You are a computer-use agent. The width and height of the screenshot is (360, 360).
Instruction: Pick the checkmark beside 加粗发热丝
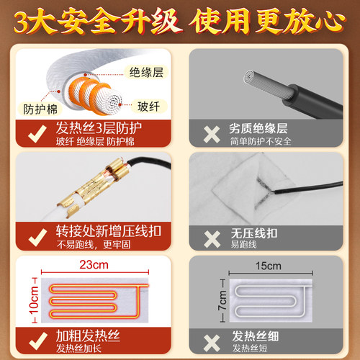34,341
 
